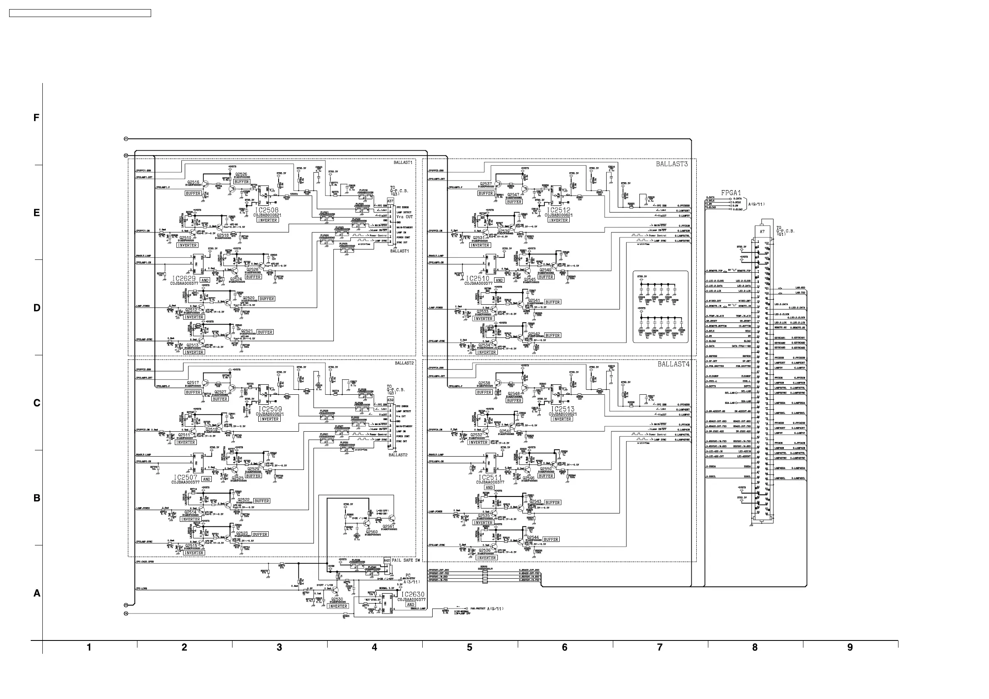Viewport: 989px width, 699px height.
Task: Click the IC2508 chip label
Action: tap(266, 210)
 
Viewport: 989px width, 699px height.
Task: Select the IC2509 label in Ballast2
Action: tap(270, 409)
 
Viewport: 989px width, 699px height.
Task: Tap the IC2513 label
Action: tap(563, 409)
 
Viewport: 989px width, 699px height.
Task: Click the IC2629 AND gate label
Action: tap(184, 279)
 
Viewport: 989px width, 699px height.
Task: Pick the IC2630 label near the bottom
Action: tap(412, 594)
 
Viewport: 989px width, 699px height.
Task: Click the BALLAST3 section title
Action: tap(671, 164)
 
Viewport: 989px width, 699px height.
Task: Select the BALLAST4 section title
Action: tap(673, 364)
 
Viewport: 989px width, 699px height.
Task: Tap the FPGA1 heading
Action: tap(731, 193)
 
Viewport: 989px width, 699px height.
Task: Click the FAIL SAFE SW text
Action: tap(405, 560)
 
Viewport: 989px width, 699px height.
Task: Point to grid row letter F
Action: tap(37, 117)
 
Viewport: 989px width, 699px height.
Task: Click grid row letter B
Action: tap(37, 498)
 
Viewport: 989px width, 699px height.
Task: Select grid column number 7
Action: tap(659, 647)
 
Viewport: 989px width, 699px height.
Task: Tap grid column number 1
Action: tap(89, 647)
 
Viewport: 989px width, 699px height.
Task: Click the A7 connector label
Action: tap(762, 232)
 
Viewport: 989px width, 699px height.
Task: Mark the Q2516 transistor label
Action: tap(193, 182)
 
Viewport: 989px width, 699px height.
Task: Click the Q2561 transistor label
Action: tap(388, 526)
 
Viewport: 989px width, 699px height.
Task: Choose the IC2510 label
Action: tap(478, 279)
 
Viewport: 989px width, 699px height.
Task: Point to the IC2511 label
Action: tap(490, 478)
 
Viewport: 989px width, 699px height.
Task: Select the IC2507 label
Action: tap(186, 478)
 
